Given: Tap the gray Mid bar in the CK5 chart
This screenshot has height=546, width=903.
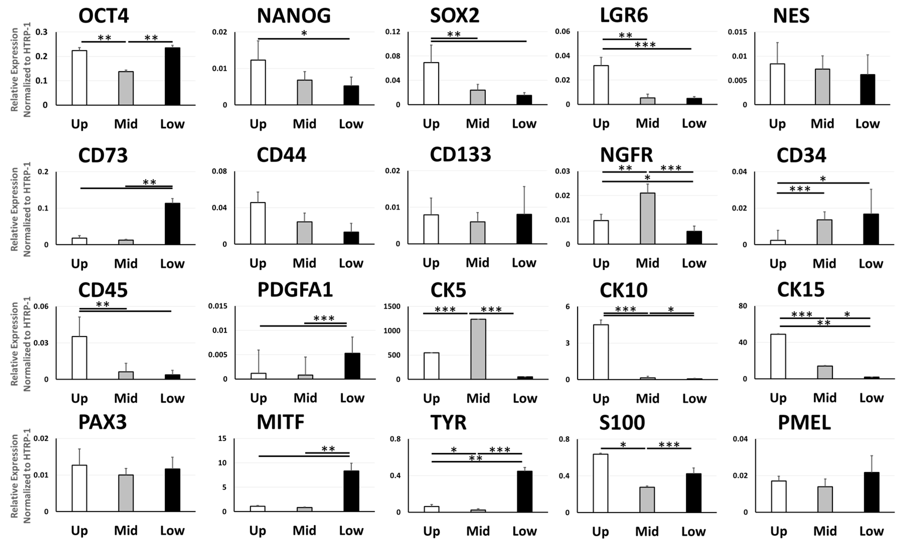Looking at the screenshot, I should (478, 349).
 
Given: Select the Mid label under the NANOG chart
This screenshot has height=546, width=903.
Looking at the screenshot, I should (304, 124).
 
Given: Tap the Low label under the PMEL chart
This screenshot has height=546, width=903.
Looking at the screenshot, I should (871, 531).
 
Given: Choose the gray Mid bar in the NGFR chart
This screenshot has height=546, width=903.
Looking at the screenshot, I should (647, 218).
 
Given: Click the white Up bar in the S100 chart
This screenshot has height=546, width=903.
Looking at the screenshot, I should (600, 483).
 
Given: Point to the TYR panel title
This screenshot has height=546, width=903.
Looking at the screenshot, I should (448, 423).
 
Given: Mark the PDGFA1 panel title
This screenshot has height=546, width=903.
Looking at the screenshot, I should (295, 290).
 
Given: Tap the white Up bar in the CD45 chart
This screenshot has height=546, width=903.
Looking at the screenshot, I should (79, 358).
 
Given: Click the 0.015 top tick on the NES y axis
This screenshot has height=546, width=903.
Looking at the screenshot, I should (737, 32).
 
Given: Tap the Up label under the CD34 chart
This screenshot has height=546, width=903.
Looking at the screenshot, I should (777, 264).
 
